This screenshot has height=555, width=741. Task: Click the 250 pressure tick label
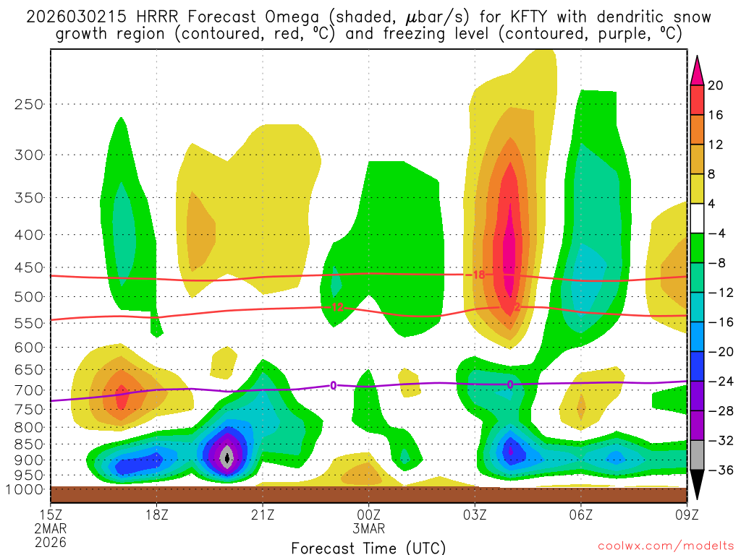pyautogui.click(x=28, y=104)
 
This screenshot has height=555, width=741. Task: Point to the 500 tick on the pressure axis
pyautogui.click(x=28, y=296)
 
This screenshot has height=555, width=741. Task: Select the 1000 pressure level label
pyautogui.click(x=25, y=489)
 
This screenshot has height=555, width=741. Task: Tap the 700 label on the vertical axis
pyautogui.click(x=28, y=390)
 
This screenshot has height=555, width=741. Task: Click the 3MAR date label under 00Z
pyautogui.click(x=369, y=528)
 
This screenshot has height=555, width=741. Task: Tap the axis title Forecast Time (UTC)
pyautogui.click(x=368, y=547)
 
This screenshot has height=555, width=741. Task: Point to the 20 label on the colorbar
pyautogui.click(x=716, y=85)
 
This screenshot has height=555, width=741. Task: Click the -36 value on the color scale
pyautogui.click(x=719, y=470)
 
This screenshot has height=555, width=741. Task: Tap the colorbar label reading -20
pyautogui.click(x=719, y=351)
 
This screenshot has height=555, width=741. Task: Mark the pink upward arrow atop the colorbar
pyautogui.click(x=698, y=70)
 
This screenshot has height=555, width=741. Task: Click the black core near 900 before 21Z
pyautogui.click(x=228, y=457)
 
